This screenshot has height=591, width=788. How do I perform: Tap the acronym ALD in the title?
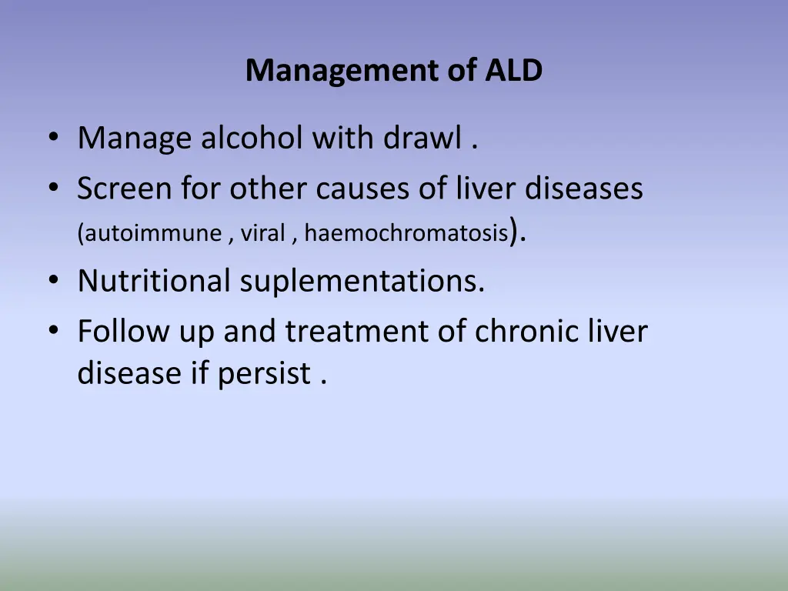(x=514, y=71)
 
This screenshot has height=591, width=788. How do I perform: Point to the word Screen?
(x=124, y=188)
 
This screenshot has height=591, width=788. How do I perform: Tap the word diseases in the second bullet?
(x=584, y=188)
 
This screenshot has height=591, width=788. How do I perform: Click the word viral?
(x=262, y=233)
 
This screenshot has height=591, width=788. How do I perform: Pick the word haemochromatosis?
(x=406, y=233)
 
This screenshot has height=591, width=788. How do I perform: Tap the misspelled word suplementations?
(x=362, y=282)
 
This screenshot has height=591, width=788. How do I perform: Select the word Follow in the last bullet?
(x=124, y=331)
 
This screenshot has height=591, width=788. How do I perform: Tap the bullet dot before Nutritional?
(x=52, y=281)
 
